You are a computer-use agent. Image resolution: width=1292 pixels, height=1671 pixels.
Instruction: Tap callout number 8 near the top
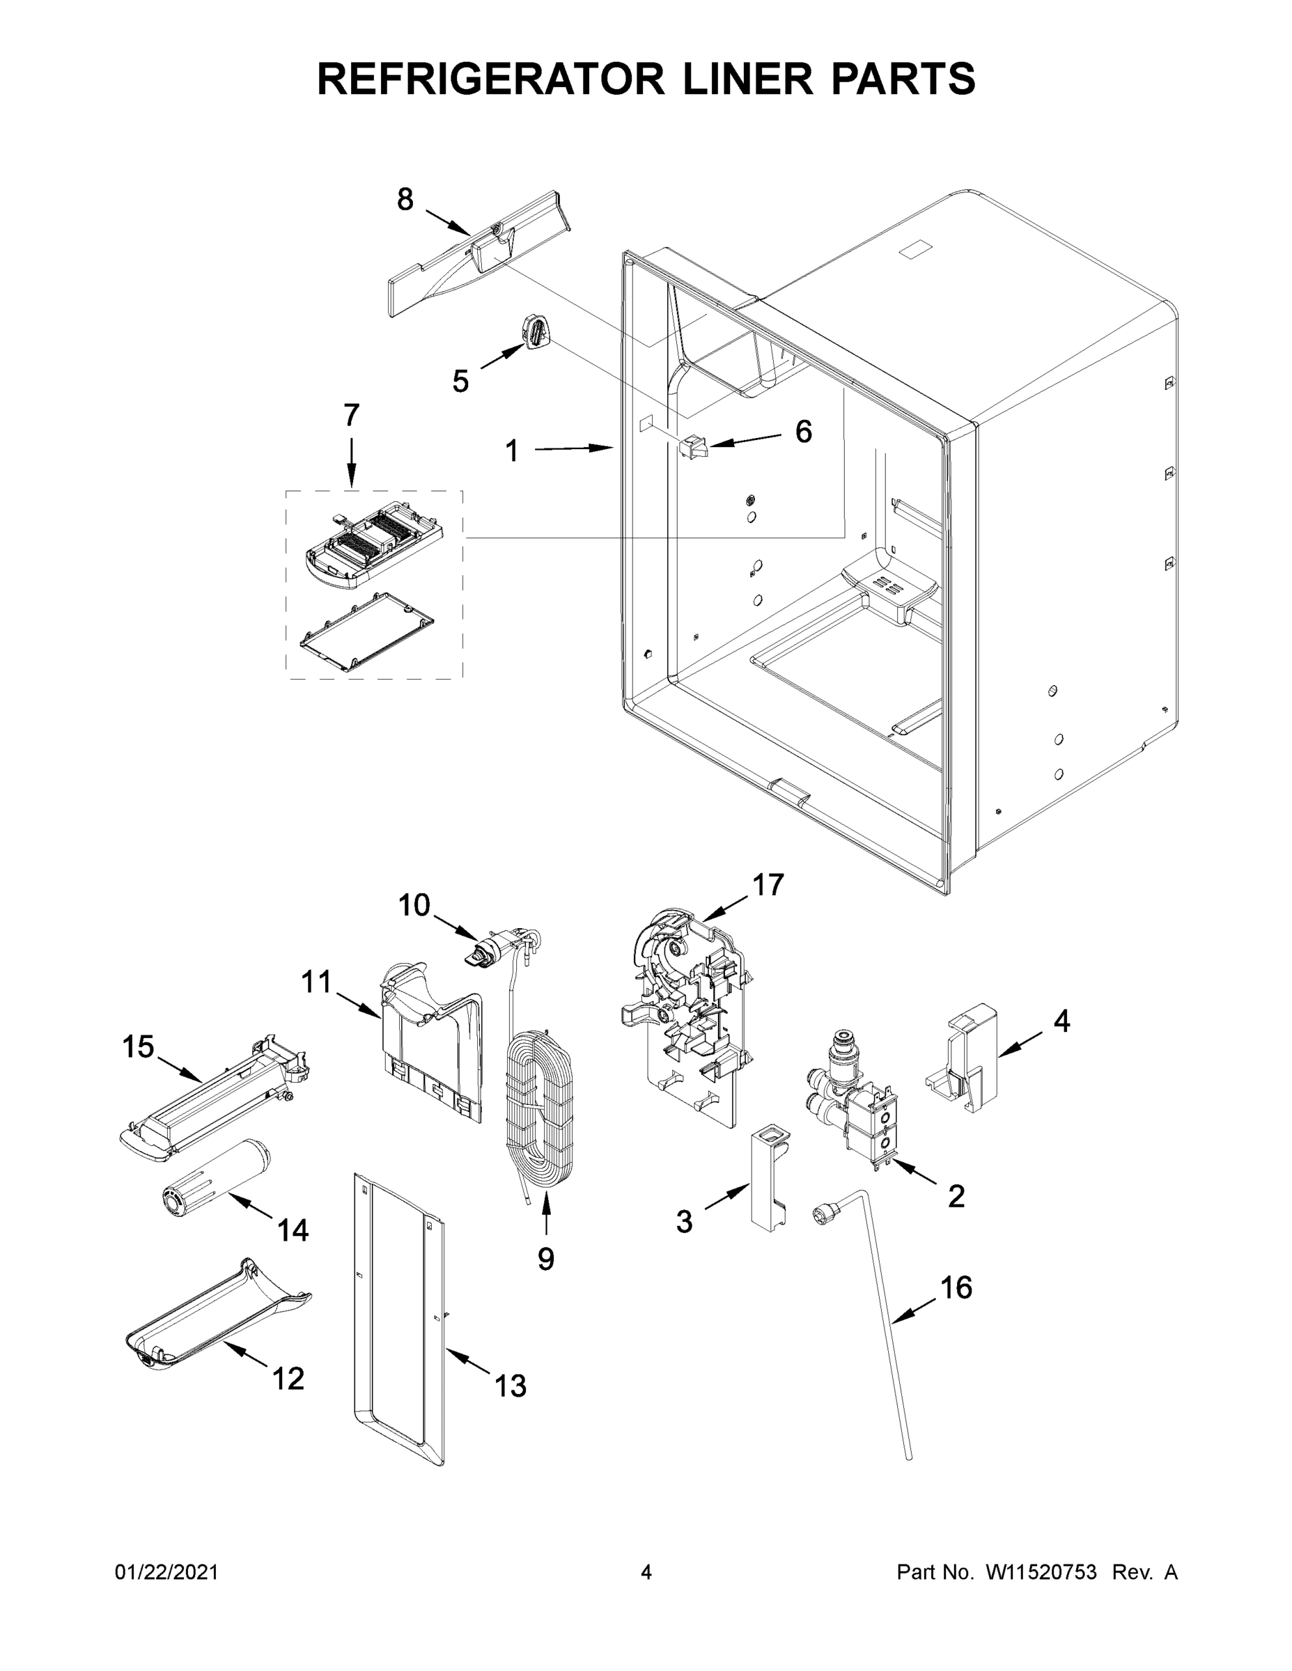[x=405, y=200]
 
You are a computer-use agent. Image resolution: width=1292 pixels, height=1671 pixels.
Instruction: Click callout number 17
[x=768, y=885]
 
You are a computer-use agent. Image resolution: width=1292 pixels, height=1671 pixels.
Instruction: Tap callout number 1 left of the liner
[x=512, y=450]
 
